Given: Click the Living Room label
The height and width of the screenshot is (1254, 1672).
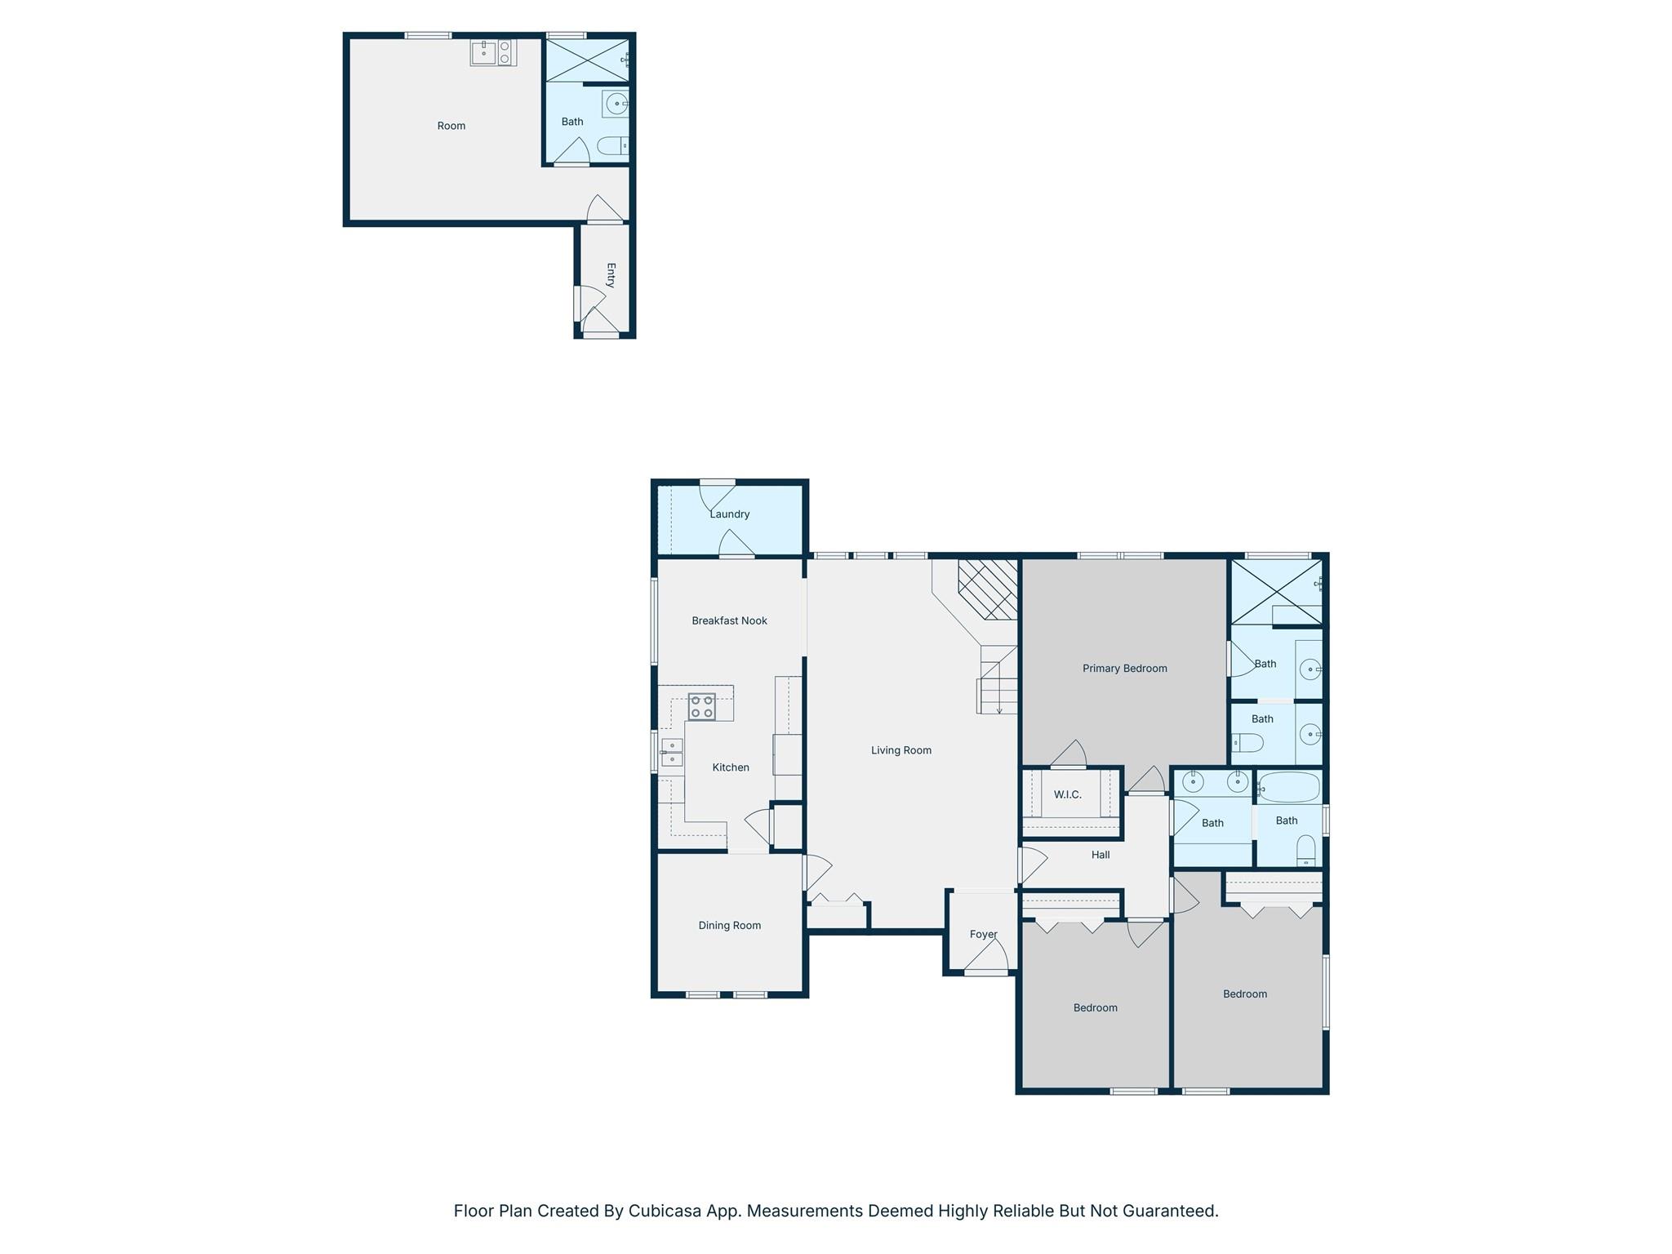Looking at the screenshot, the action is [x=900, y=750].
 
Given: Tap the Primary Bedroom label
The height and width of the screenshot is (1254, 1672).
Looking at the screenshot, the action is [x=1124, y=668].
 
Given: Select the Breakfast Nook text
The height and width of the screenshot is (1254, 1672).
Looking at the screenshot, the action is [x=729, y=620].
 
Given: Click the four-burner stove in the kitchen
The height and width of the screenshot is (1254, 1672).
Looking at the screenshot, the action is [x=702, y=706].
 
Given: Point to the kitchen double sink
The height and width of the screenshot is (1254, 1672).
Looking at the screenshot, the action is [x=672, y=752].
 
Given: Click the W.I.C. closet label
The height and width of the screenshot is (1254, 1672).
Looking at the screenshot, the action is [x=1067, y=794].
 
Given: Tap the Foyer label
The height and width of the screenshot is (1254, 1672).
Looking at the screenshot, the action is [x=983, y=934].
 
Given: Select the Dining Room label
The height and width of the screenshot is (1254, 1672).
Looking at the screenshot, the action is [x=729, y=925].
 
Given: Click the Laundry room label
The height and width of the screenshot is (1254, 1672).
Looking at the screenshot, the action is [x=729, y=514].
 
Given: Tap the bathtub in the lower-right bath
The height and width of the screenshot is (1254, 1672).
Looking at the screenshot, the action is [x=1289, y=788].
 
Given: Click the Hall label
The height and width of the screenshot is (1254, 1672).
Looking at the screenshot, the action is [x=1100, y=855].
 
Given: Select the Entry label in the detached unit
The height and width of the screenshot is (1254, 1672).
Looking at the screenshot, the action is [x=611, y=275].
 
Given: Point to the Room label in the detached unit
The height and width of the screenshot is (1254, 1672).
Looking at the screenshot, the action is [x=451, y=126].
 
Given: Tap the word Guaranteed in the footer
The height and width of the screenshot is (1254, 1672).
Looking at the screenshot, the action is [x=1169, y=1211].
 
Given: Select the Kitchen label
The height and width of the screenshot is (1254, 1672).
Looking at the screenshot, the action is [x=730, y=767].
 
